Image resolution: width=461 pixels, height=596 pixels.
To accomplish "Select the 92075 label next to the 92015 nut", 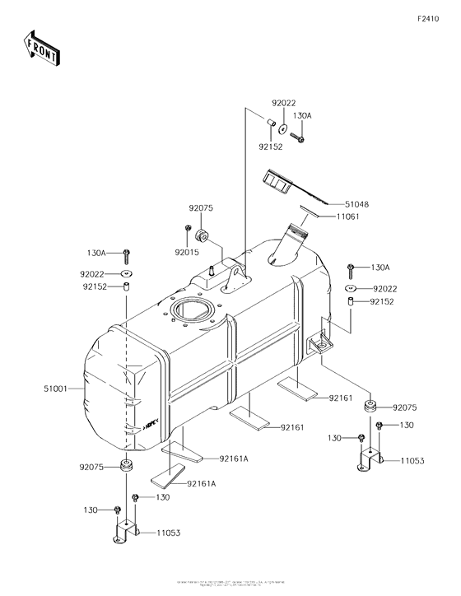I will pyautogui.click(x=201, y=209).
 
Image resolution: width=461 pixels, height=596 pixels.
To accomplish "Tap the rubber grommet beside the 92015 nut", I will pyautogui.click(x=205, y=229).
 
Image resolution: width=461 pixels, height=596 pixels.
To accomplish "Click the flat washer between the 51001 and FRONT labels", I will pyautogui.click(x=127, y=273).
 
